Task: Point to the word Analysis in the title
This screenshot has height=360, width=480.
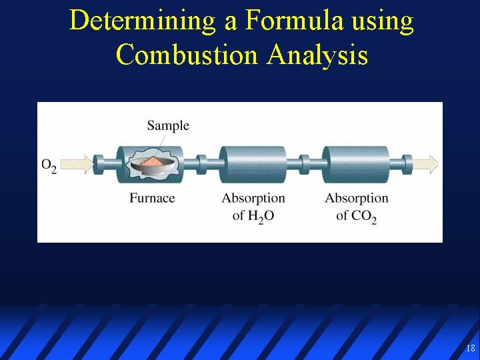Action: pos(317,53)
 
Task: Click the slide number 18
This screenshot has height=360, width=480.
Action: pos(471,348)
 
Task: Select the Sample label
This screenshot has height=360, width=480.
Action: pos(168,125)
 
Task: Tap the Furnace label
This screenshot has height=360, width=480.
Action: pos(152,198)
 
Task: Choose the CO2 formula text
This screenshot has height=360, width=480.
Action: pos(363,217)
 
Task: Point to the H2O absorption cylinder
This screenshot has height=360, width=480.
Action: pos(253,164)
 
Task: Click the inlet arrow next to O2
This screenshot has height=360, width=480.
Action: pos(78,163)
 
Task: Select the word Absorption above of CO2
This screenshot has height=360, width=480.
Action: pos(356,198)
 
